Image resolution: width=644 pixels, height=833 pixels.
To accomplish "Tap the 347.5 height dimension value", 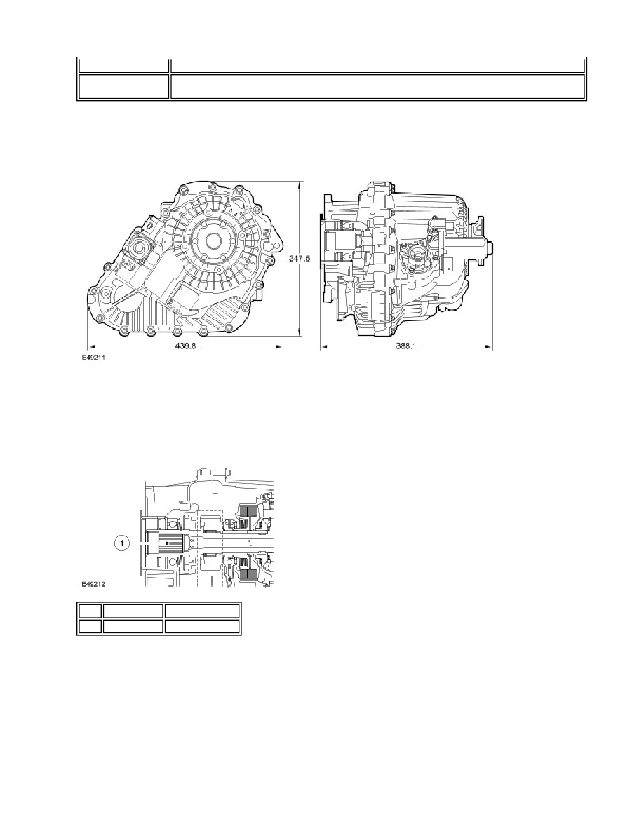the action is pos(300,258).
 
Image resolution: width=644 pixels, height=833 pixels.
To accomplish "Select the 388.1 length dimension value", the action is pos(405,346).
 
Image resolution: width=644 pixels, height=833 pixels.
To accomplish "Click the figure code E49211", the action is pos(93,358).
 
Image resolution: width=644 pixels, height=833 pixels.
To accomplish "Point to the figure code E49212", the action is pos(93,584).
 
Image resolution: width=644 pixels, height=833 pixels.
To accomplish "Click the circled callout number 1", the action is pos(122,543).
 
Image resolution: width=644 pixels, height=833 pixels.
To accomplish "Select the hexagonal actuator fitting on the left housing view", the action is pos(140,247).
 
